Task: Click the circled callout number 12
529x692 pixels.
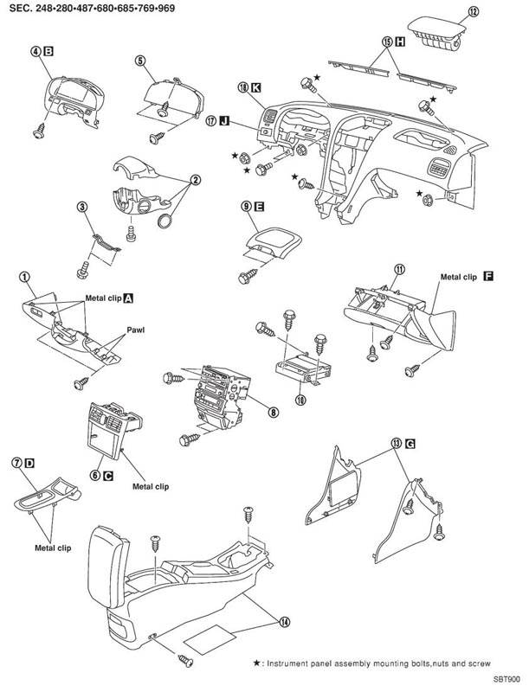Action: click(473, 11)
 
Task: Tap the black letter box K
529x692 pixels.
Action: click(255, 87)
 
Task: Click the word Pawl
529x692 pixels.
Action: click(136, 330)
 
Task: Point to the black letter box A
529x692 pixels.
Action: click(128, 298)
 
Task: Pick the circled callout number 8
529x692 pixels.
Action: click(274, 412)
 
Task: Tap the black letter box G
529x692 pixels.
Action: click(410, 444)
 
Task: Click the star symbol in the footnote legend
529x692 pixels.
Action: click(256, 663)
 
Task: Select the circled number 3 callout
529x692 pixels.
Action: click(81, 206)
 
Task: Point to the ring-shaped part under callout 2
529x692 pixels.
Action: click(165, 221)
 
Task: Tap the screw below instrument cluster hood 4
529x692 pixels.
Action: click(40, 131)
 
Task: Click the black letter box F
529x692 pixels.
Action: click(488, 277)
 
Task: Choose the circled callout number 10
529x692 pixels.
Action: click(301, 400)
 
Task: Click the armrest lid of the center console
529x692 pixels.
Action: click(108, 566)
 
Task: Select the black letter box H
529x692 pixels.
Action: click(400, 42)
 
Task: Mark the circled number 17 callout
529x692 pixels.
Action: click(211, 120)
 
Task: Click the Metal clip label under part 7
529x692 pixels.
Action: click(53, 548)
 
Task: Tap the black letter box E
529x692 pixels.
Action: click(260, 206)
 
